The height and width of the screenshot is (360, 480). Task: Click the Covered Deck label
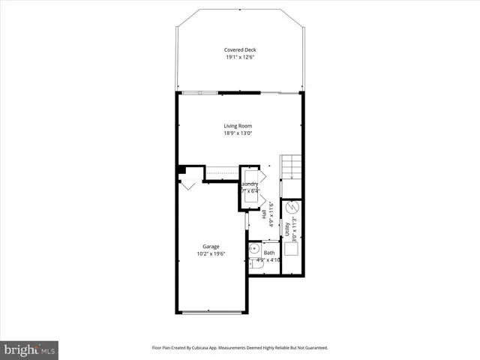pos(239,49)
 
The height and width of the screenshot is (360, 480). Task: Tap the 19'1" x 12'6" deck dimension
pos(239,58)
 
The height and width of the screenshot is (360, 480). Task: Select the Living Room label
pos(237,125)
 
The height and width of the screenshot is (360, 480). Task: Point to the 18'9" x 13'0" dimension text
pos(237,133)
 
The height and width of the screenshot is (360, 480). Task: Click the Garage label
pos(210,246)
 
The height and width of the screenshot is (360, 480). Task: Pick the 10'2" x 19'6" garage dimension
pos(210,254)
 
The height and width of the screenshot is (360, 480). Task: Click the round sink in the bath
pos(254,248)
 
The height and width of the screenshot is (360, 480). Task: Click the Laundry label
pos(250,184)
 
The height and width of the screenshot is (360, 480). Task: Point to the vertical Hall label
pos(265,214)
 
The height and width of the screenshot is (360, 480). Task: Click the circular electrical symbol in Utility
pos(294,207)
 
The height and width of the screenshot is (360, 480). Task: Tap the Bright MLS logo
pos(29,349)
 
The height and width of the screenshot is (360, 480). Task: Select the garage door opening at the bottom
pos(211,311)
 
